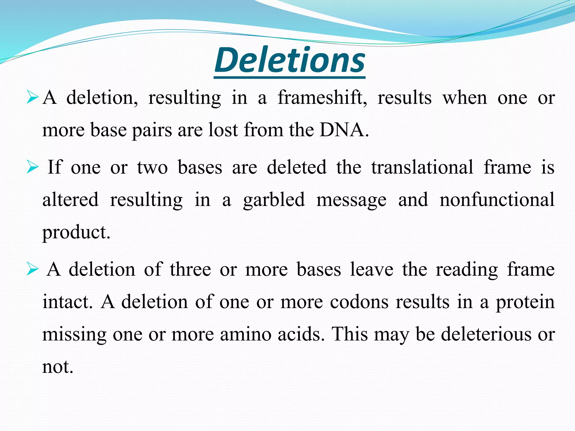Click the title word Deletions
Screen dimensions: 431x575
(289, 60)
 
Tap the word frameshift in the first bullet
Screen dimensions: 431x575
(322, 98)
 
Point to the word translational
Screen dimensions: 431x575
(422, 167)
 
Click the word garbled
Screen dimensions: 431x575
(274, 200)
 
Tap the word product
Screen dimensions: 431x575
(76, 233)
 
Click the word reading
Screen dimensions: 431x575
(467, 270)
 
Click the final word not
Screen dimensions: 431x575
(58, 367)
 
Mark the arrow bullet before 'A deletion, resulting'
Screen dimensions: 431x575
(32, 98)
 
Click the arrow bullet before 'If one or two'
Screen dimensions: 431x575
(32, 168)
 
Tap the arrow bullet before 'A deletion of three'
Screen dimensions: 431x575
(32, 270)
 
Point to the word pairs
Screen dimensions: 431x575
(152, 130)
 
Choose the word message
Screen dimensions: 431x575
(351, 200)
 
